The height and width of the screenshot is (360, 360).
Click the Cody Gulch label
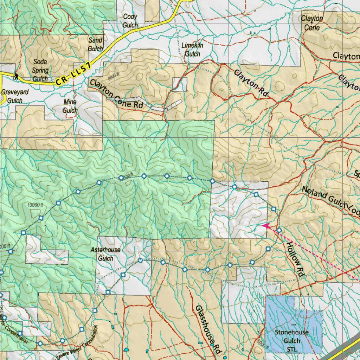[130, 21]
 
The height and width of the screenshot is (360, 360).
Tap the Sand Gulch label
[95, 44]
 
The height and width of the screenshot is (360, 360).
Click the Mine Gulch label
[70, 106]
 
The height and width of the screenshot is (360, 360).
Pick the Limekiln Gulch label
[192, 50]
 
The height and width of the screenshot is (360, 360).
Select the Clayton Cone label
[312, 23]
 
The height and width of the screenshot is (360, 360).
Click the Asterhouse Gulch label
[105, 254]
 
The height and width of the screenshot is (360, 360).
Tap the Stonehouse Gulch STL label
[291, 341]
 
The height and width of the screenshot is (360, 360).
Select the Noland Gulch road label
[330, 200]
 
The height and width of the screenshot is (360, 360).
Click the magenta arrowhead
[266, 226]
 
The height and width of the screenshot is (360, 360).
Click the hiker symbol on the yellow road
[16, 76]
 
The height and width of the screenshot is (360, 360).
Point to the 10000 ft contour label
[34, 205]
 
